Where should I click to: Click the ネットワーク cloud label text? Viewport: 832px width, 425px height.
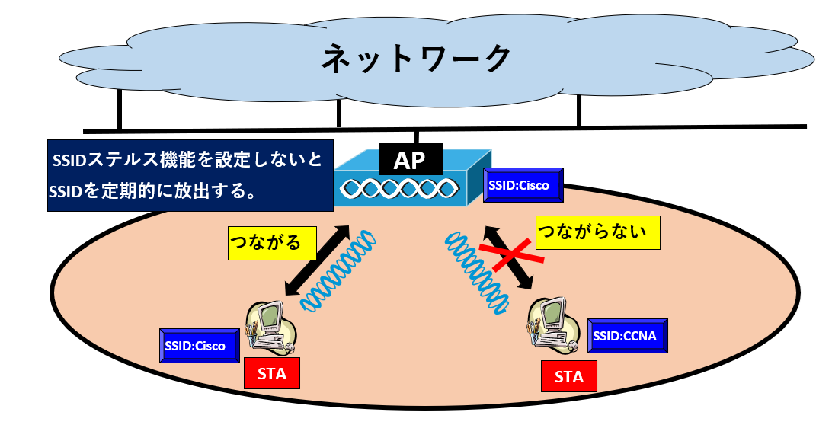(415, 59)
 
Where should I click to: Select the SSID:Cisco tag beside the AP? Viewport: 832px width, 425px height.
(523, 185)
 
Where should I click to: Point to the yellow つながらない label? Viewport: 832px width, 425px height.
(597, 232)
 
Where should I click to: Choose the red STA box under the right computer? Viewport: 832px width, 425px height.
(568, 376)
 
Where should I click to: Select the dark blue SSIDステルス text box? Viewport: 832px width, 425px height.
(190, 174)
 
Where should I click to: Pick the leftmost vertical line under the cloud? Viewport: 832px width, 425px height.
(119, 110)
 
